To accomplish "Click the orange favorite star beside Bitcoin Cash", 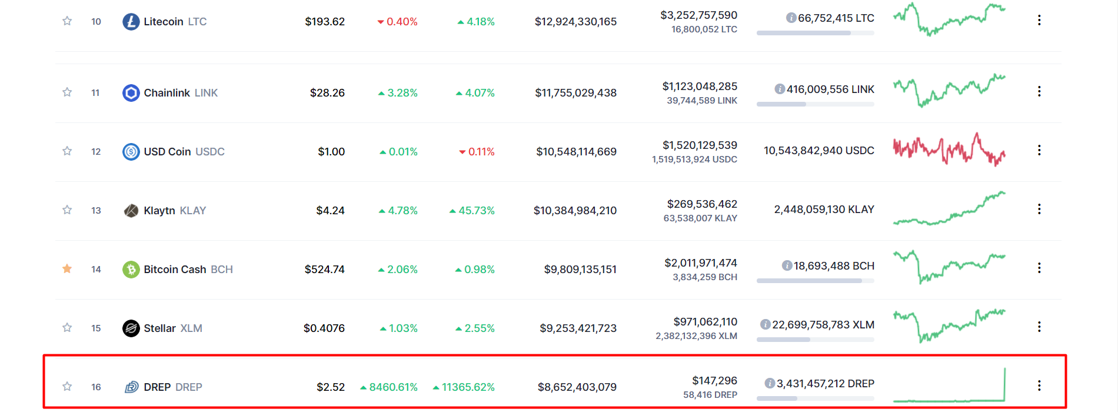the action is (67, 269).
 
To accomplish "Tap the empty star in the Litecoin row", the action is (67, 21).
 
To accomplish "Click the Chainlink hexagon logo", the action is (131, 93).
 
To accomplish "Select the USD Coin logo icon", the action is (131, 152).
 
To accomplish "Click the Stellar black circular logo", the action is (131, 328).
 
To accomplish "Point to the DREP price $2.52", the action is (331, 387).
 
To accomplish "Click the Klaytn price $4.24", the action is (330, 211).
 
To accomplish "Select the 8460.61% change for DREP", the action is (389, 387).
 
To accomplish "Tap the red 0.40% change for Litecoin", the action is (398, 22).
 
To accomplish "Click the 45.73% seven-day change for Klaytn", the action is (472, 211).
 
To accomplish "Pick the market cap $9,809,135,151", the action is (580, 270).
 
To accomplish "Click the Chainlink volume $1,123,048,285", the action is (700, 87).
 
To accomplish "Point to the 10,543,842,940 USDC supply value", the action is (819, 151).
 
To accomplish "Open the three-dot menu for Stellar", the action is (1039, 327).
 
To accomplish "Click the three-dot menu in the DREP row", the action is (1039, 386).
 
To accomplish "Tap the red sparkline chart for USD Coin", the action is (949, 149).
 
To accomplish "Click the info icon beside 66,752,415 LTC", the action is (791, 18).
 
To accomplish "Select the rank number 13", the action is (96, 211).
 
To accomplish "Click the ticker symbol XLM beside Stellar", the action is (191, 328).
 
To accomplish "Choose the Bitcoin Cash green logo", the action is (131, 270).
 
